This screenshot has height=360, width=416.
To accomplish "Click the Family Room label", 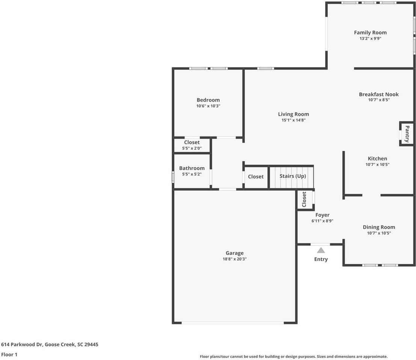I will click(x=370, y=33).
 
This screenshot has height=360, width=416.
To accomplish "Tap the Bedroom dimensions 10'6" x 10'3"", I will click(x=208, y=106).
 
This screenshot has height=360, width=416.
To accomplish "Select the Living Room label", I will click(x=293, y=114).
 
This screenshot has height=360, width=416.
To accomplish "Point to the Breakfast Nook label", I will click(x=378, y=94).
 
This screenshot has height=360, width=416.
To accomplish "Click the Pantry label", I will click(x=407, y=133).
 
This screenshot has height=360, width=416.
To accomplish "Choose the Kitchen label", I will click(x=377, y=159).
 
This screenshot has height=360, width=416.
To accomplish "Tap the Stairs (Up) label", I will click(x=292, y=176).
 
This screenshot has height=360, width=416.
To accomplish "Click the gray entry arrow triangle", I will click(x=321, y=250).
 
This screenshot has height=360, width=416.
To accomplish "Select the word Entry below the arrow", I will click(x=321, y=259).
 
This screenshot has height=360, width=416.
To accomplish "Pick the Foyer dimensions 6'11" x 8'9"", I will click(x=322, y=221).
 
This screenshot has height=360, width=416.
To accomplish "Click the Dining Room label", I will click(x=378, y=227).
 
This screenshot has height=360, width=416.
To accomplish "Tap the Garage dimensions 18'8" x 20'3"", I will click(x=234, y=259).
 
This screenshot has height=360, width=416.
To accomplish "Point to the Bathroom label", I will click(x=191, y=168).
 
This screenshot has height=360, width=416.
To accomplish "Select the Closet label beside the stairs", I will click(x=255, y=177).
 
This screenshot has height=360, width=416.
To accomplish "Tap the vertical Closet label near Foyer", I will click(x=304, y=199).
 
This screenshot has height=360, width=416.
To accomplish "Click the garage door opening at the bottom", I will click(x=233, y=322).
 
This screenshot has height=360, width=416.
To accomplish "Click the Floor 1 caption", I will click(x=9, y=354).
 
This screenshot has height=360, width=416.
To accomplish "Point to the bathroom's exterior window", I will click(x=173, y=177).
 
